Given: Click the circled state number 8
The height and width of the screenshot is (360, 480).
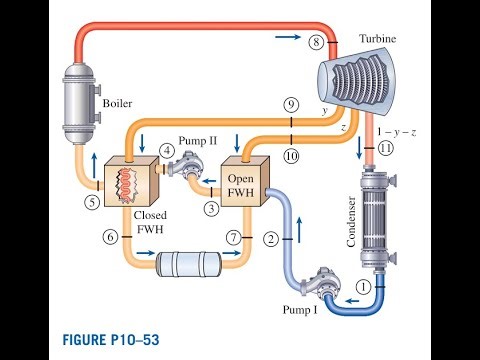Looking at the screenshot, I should click(316, 42).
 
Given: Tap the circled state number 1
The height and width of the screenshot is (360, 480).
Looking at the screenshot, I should click(364, 286).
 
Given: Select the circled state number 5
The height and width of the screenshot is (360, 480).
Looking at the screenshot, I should click(91, 201).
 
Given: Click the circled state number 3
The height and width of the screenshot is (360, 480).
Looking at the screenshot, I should click(212, 207).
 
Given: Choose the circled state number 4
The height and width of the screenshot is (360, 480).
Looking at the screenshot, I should click(167, 151).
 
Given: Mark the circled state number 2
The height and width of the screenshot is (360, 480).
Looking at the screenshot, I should click(269, 239).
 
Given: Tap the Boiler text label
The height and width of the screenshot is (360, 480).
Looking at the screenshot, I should click(117, 101).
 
